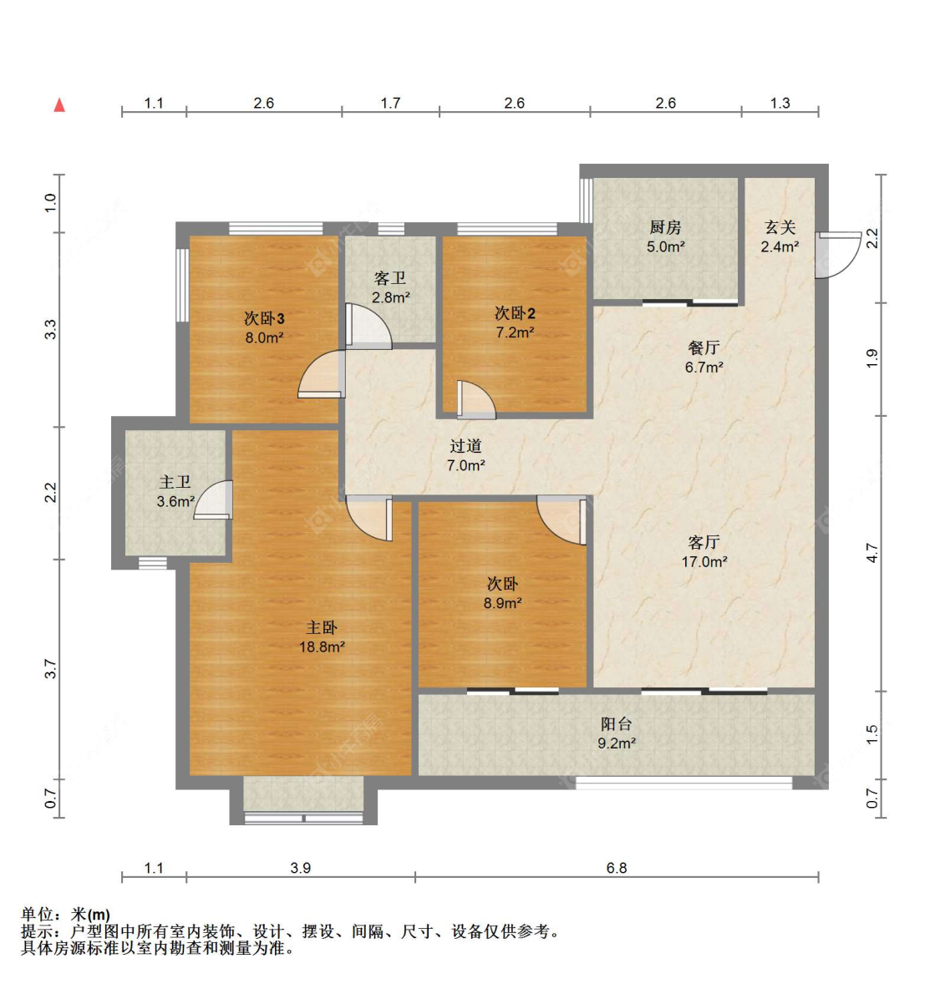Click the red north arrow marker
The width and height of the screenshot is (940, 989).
tap(59, 104)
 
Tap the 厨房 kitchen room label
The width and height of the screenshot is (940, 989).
tap(665, 227)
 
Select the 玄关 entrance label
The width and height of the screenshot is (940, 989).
tap(780, 227)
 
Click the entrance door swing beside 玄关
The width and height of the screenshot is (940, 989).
tap(836, 255)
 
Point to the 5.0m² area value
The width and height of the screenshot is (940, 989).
tap(665, 247)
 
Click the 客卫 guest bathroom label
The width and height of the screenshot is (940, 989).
tap(390, 278)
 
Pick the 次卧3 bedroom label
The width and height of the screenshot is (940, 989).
tap(264, 318)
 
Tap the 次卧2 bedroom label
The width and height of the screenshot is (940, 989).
tap(515, 313)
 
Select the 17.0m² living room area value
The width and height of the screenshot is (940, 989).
tap(704, 562)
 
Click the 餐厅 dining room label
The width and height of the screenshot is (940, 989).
tap(704, 347)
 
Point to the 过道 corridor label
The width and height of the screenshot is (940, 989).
tap(465, 446)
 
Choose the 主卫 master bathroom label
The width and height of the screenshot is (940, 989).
tap(175, 482)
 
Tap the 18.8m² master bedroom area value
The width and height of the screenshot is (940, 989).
tap(322, 647)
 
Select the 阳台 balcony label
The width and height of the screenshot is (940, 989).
tap(616, 724)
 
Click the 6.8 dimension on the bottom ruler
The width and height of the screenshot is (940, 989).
tap(616, 868)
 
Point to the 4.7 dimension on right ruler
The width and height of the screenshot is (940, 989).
tap(872, 553)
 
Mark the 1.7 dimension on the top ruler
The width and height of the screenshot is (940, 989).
tap(390, 103)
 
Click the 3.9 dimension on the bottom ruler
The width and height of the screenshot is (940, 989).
tap(300, 868)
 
